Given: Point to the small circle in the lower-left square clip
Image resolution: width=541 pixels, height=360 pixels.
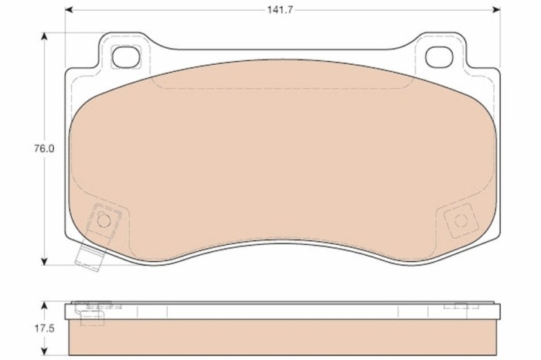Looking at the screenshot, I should pos(105,219).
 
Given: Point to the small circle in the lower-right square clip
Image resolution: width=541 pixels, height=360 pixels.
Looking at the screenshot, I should pos(461,220).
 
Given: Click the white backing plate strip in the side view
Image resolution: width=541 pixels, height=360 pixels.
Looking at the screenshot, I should pos(278,311).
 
